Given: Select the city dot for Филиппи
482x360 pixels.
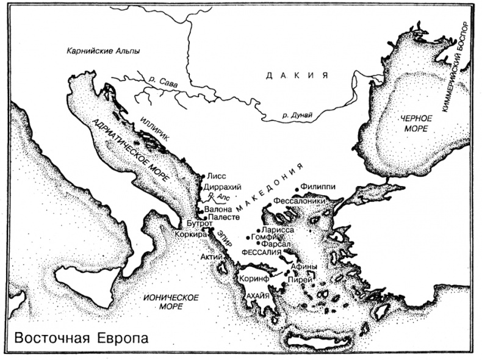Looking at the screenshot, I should point(296,188).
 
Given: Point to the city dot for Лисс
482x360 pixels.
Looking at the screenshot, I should point(204,176).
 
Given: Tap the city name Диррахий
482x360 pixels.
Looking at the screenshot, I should point(225,186).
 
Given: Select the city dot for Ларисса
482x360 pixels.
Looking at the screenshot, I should point(257,230).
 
